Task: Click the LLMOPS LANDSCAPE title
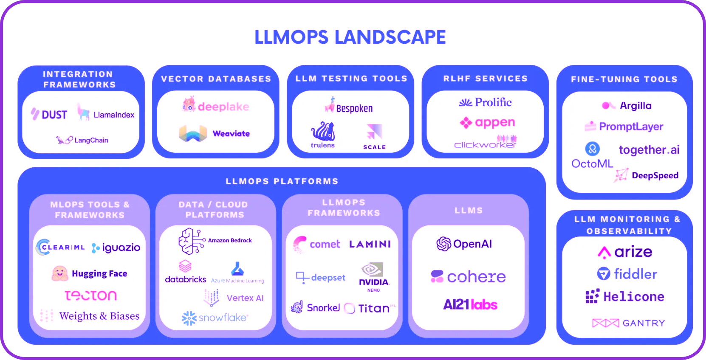click(x=350, y=37)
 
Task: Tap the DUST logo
click(x=49, y=115)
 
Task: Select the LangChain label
click(x=91, y=140)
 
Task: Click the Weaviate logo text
click(x=231, y=134)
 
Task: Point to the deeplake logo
click(x=216, y=106)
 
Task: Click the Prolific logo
click(x=485, y=102)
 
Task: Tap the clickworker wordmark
click(x=485, y=145)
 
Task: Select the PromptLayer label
click(x=631, y=127)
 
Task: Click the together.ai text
click(x=649, y=150)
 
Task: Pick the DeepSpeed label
click(x=655, y=175)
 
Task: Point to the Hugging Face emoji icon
click(x=60, y=274)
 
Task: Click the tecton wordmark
click(x=90, y=295)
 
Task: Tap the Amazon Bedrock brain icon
click(x=191, y=241)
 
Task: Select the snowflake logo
click(x=215, y=318)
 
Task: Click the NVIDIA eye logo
click(x=372, y=270)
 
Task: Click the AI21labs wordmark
click(x=470, y=304)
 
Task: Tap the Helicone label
click(x=633, y=297)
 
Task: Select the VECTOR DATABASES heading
click(x=216, y=79)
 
